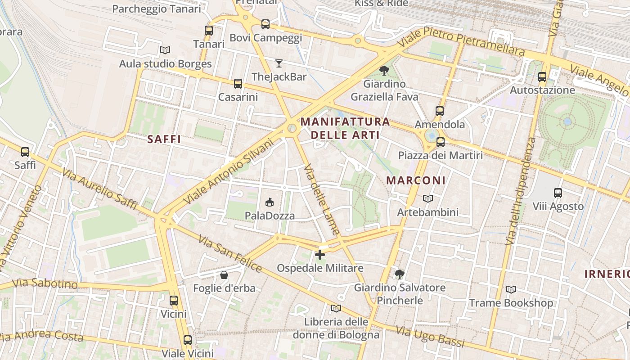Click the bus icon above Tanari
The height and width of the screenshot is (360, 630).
click(208, 31)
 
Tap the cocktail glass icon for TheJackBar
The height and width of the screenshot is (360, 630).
click(279, 63)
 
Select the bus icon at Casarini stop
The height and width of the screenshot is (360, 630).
click(238, 84)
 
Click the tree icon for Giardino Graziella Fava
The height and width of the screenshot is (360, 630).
click(384, 71)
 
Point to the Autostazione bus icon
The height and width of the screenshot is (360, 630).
click(542, 77)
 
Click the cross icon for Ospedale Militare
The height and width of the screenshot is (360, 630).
click(319, 255)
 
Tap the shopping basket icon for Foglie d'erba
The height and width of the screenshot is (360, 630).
click(224, 274)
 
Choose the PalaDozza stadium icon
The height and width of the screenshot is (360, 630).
click(270, 202)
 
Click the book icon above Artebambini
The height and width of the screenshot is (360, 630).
click(427, 198)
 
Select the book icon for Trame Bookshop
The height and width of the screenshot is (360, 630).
click(511, 289)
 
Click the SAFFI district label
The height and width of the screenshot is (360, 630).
click(164, 139)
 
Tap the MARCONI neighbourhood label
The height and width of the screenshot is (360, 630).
click(416, 180)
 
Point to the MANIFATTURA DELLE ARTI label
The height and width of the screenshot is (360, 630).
click(345, 128)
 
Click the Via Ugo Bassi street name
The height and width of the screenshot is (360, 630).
click(430, 337)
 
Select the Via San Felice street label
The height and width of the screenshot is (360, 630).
click(229, 254)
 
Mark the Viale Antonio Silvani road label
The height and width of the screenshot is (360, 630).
click(229, 171)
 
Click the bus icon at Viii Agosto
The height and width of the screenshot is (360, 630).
click(558, 193)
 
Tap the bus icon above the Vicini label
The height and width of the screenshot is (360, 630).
click(174, 301)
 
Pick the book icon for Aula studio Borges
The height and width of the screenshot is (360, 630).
click(165, 50)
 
